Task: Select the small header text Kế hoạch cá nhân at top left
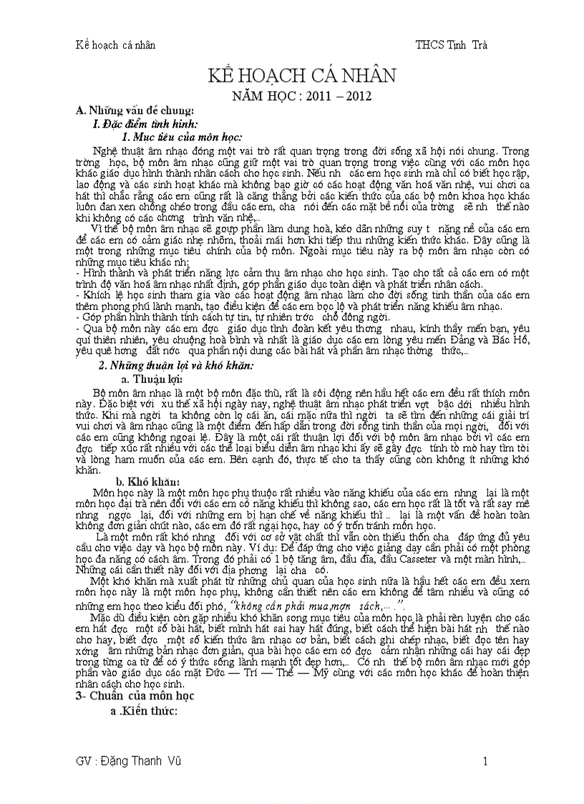pos(115,44)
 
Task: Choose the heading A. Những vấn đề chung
pos(135,110)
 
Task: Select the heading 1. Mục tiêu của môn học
pos(182,137)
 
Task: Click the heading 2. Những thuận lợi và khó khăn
pos(176,366)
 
